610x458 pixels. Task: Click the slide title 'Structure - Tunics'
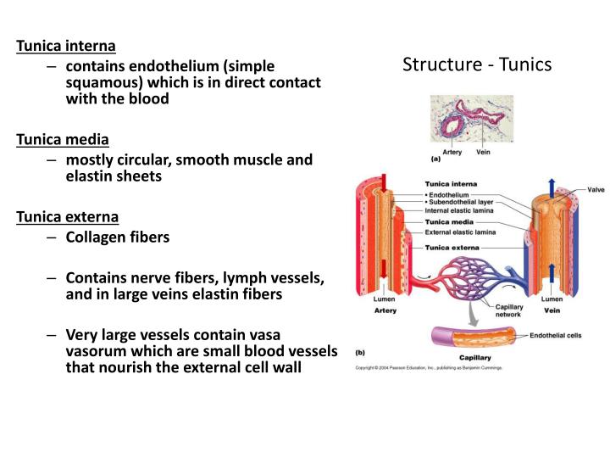(477, 64)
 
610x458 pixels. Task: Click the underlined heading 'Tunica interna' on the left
(66, 45)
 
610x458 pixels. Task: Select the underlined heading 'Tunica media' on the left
(63, 139)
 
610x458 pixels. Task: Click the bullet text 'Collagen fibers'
(118, 237)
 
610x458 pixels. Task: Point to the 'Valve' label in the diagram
(595, 190)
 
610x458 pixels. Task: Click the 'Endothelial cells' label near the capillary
(555, 336)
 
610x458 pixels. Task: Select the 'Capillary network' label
(508, 310)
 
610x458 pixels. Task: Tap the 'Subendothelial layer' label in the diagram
(463, 202)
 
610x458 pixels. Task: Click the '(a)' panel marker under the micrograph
(435, 159)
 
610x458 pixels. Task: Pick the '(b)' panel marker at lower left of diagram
(360, 351)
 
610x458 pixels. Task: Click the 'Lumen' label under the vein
(552, 299)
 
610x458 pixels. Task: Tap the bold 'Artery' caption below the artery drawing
(385, 310)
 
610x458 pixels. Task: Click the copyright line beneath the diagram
(429, 368)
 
